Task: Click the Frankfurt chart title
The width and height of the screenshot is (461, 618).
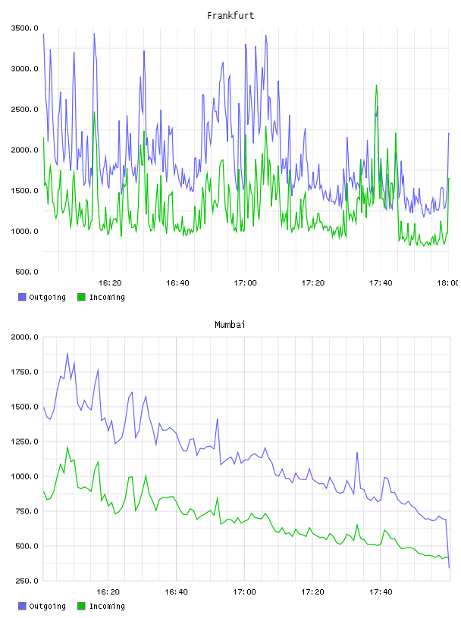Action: coord(230,15)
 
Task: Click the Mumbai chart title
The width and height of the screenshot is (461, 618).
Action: coord(230,324)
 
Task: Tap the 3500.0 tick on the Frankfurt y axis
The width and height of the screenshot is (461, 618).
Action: coord(25,28)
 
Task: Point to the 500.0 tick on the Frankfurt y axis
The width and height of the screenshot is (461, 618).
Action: coord(27,272)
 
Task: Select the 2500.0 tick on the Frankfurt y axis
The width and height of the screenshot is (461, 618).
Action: coord(25,109)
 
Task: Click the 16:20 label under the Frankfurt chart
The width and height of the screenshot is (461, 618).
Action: coord(110,282)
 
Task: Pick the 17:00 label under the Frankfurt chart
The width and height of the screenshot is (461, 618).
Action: coord(245,282)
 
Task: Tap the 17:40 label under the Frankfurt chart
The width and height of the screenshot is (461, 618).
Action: coord(381,282)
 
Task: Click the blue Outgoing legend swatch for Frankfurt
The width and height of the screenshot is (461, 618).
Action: coord(22,297)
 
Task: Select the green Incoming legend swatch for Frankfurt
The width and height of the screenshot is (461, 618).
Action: coord(81,297)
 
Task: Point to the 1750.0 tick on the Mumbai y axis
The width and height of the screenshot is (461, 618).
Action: coord(25,372)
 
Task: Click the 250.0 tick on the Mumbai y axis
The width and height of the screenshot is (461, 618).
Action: coord(27,581)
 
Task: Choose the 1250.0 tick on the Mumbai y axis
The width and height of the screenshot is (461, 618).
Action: coord(25,442)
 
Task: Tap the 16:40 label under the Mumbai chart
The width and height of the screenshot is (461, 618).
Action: coord(176,591)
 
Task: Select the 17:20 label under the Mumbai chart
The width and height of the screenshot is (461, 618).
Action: coord(312,591)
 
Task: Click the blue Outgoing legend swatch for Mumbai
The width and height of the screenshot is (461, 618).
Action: coord(22,606)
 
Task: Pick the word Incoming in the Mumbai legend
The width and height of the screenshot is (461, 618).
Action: coord(107,606)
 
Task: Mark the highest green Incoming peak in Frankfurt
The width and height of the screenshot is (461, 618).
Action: coord(376,85)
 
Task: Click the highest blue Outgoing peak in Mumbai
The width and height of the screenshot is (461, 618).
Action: coord(67,354)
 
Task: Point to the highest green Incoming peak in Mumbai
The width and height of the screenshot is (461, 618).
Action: coord(67,447)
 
